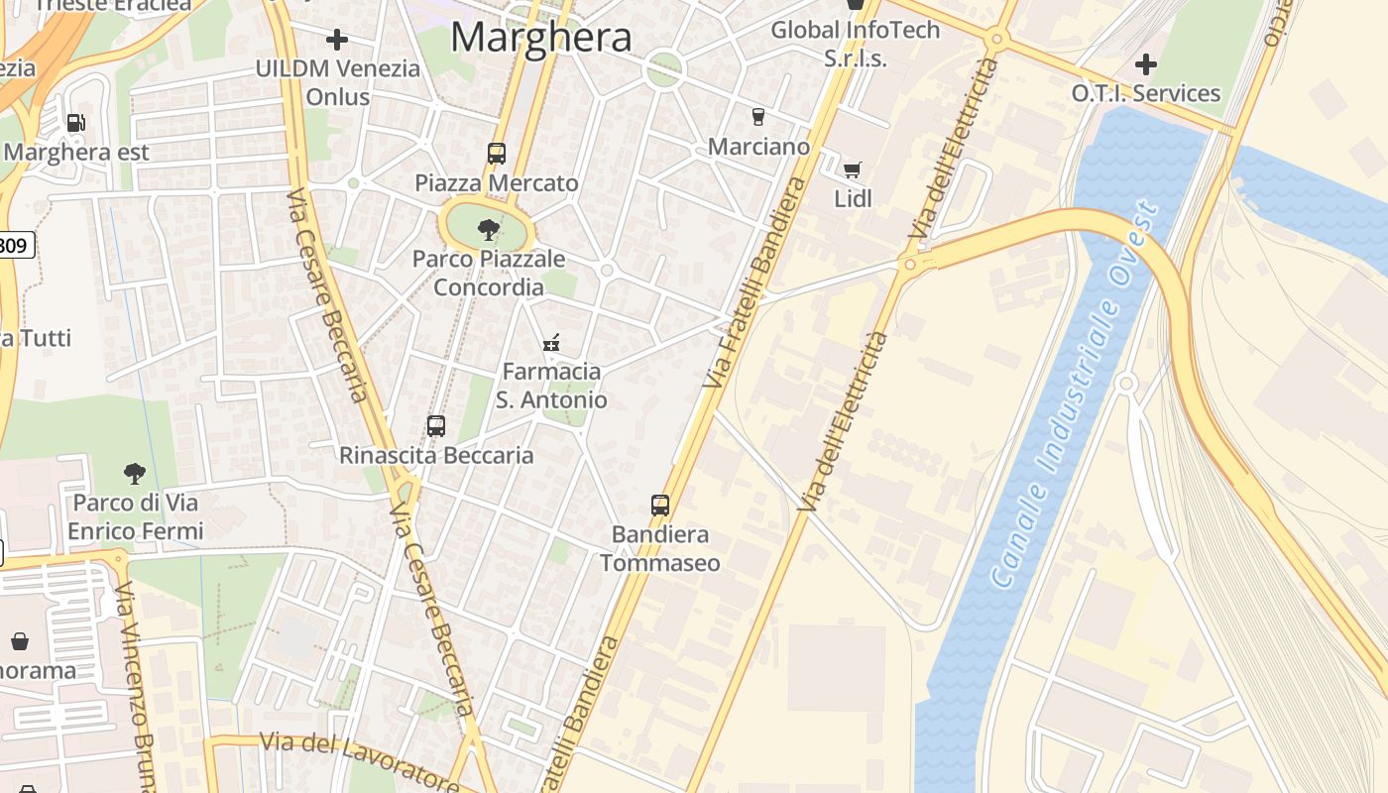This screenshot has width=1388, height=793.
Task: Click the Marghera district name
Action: click(540, 38)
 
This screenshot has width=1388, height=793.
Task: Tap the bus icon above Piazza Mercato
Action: click(497, 154)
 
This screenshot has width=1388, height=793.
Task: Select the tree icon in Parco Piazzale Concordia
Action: click(488, 230)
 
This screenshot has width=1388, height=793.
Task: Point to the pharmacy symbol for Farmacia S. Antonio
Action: click(551, 343)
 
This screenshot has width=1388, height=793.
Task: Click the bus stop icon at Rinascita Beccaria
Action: click(436, 426)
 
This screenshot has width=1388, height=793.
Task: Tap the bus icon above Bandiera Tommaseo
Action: click(660, 505)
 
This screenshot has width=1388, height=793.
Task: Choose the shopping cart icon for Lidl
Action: click(853, 170)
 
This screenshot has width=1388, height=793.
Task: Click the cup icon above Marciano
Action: click(758, 117)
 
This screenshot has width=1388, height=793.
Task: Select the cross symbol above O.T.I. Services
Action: click(1146, 65)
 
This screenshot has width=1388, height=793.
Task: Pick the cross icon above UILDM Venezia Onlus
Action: click(337, 40)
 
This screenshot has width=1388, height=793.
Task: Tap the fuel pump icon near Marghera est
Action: click(75, 123)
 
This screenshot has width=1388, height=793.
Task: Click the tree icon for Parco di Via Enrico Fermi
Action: click(135, 474)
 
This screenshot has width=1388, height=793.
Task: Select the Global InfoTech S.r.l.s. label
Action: click(855, 44)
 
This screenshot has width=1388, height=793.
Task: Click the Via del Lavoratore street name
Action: click(359, 758)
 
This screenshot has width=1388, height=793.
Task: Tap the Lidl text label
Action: click(853, 198)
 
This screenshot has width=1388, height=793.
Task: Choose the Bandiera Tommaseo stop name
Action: click(660, 549)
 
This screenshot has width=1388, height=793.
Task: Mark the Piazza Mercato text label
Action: click(497, 183)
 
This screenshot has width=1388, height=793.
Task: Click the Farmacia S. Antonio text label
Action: click(551, 386)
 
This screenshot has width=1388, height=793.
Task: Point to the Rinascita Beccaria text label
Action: click(436, 456)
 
